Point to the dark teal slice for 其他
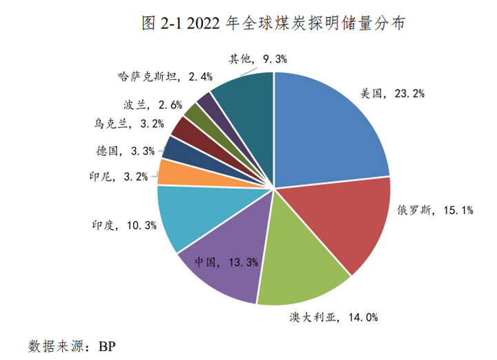tap(245, 117)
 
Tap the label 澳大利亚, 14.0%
tap(334, 318)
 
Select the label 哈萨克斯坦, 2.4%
tap(166, 77)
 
